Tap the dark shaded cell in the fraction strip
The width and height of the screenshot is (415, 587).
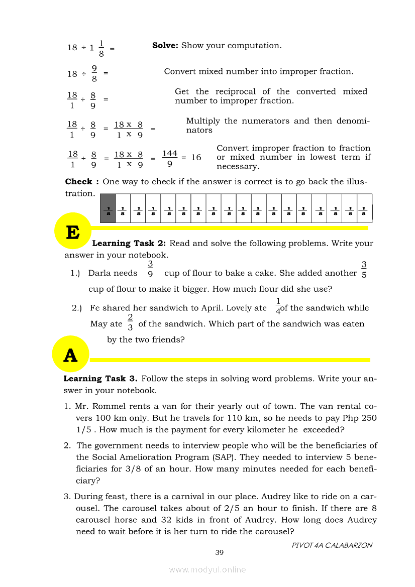pyautogui.click(x=108, y=208)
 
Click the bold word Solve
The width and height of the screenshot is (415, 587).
pyautogui.click(x=165, y=46)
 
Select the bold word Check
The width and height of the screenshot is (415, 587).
pyautogui.click(x=79, y=182)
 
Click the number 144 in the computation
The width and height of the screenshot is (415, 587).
pyautogui.click(x=170, y=153)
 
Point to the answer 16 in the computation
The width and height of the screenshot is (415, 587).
pyautogui.click(x=196, y=158)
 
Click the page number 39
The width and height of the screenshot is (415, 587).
pyautogui.click(x=219, y=552)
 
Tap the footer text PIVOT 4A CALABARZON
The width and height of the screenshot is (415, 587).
pyautogui.click(x=332, y=545)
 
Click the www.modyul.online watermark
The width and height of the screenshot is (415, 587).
pyautogui.click(x=207, y=569)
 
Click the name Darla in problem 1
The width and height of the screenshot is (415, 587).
pyautogui.click(x=98, y=273)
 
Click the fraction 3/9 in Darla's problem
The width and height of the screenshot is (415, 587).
pyautogui.click(x=151, y=269)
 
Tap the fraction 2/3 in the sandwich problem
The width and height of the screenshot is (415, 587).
pyautogui.click(x=130, y=322)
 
